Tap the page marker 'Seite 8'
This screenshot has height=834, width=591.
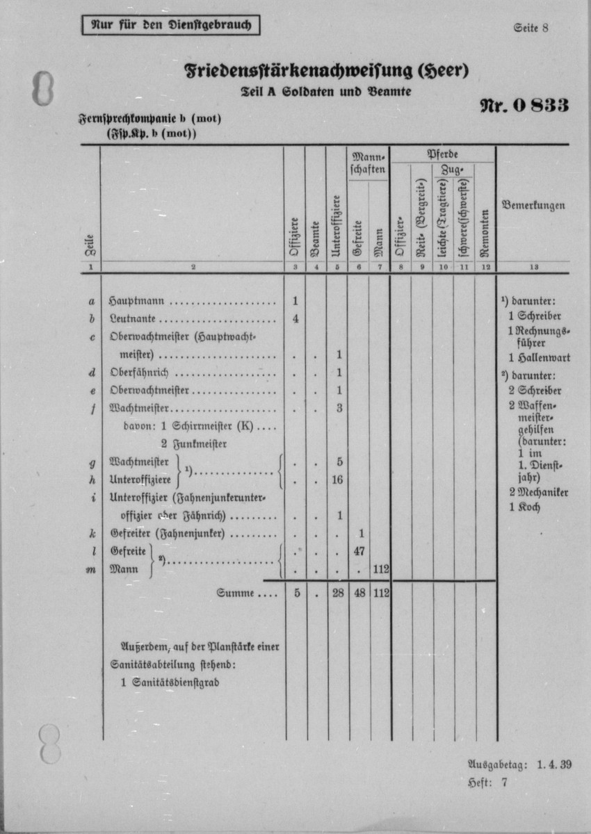pos(531,28)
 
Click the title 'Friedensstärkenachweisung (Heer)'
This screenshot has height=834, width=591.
pos(327,71)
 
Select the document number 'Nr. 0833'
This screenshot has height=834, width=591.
pos(524,105)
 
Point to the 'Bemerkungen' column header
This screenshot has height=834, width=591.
pos(533,206)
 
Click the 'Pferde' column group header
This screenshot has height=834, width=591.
pos(442,154)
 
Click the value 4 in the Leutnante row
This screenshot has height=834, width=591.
pos(295,320)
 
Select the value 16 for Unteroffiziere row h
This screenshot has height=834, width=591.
pos(338,480)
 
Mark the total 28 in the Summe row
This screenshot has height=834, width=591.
pos(338,594)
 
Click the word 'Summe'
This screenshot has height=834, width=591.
pos(236,594)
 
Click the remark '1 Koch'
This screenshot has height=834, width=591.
pos(524,507)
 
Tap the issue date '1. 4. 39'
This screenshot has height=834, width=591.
pos(554,765)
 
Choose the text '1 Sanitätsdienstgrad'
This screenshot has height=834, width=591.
pos(170,683)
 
